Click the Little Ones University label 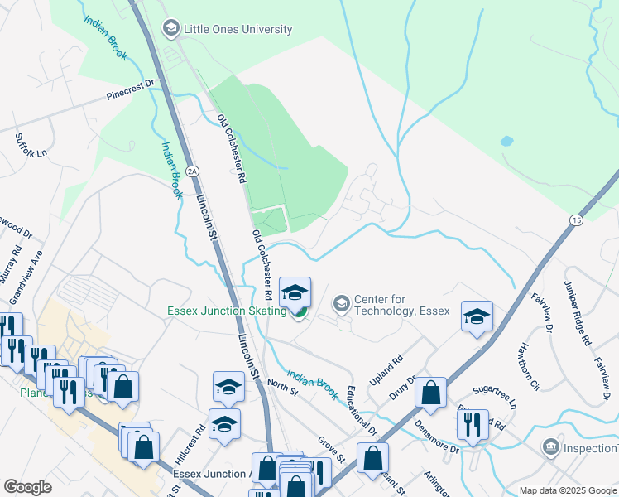(238, 29)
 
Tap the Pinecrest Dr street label (131, 89)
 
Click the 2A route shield (193, 171)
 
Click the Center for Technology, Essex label (401, 305)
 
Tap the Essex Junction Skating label (226, 311)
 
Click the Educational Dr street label (362, 409)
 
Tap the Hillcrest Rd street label (190, 446)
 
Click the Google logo (27, 487)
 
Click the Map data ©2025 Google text (567, 490)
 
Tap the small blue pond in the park (506, 141)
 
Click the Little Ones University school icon (171, 29)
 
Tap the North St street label (283, 386)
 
